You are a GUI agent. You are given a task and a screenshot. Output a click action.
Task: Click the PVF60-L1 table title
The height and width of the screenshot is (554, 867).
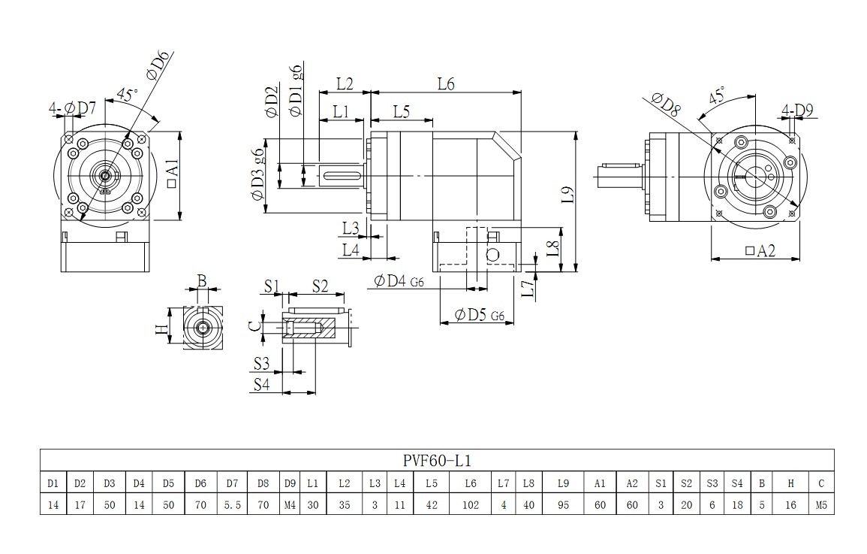coord(436,460)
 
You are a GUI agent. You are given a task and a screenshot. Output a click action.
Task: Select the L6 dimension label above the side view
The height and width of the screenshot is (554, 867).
coord(446,83)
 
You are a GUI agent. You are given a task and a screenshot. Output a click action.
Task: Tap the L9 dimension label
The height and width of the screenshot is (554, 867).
coord(567,195)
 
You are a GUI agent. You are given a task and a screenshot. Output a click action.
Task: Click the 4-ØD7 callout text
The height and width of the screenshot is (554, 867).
coord(73,109)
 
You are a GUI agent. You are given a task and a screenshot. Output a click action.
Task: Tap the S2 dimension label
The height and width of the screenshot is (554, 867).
coord(320,285)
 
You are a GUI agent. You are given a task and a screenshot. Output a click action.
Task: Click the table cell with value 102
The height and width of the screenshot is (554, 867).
coord(471,505)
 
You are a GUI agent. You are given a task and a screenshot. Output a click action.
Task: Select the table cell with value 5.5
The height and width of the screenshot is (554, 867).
coord(232,505)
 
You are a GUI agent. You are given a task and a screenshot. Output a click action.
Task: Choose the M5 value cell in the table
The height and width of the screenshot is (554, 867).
coord(821,505)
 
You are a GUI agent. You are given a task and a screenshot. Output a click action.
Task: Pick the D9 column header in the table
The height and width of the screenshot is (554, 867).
coord(290,483)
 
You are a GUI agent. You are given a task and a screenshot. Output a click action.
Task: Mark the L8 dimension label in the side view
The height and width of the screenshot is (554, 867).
coord(551,247)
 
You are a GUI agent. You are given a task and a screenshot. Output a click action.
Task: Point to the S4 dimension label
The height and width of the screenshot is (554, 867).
coord(260,384)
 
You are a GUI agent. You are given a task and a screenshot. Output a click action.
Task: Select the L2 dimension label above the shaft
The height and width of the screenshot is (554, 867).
coord(345,83)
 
